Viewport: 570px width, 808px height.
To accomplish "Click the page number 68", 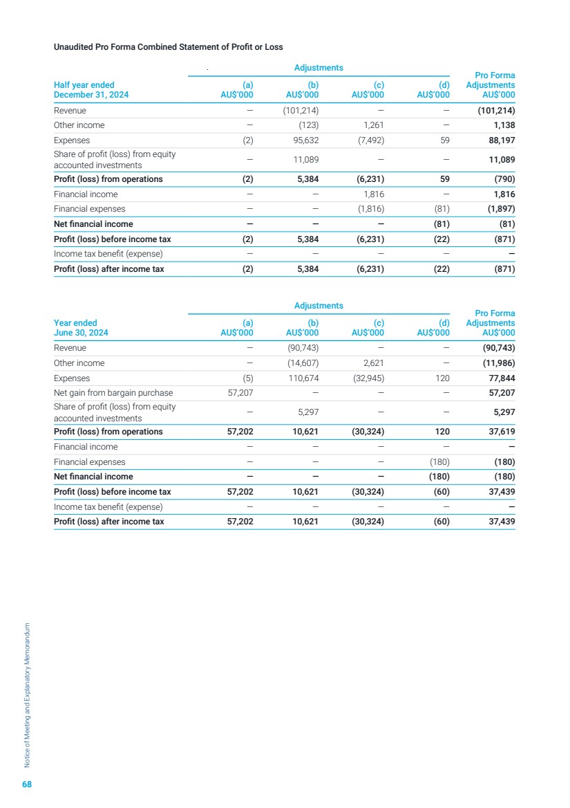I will [27, 784].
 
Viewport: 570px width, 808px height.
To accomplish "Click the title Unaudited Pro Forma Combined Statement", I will [168, 47].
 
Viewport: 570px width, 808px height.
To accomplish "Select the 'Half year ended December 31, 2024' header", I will [91, 90].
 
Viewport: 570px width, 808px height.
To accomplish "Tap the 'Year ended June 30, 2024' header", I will [81, 327].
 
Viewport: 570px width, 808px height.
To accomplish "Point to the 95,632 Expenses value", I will [304, 140].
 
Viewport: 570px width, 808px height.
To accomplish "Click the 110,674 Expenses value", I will [303, 378].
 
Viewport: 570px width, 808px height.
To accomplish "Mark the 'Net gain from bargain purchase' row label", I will [113, 393].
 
